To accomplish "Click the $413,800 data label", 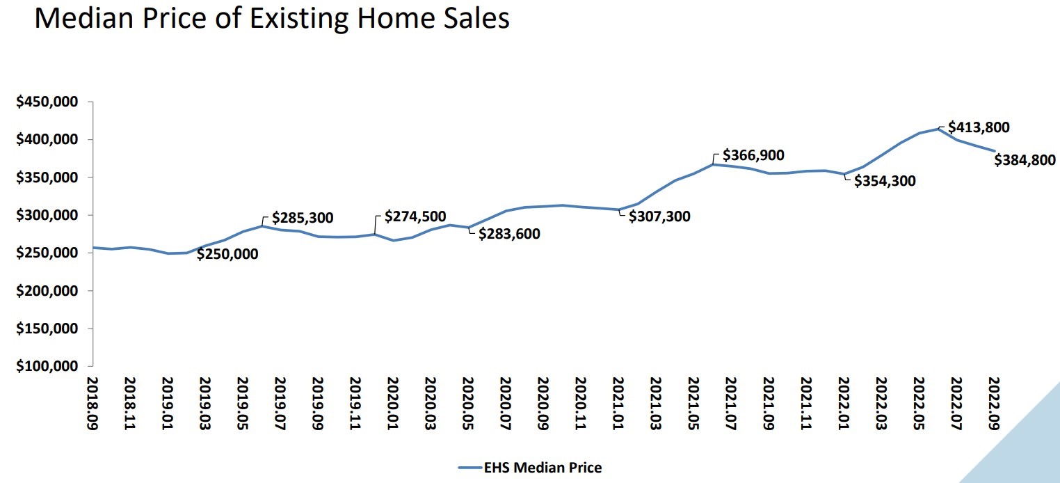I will [979, 127].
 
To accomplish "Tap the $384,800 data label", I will [1025, 160].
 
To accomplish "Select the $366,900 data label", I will [753, 155].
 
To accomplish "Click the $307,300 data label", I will [659, 216].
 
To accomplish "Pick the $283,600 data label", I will [509, 234].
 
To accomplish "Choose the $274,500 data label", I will [415, 217].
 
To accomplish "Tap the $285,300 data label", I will [303, 218].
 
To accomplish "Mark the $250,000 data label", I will [227, 254].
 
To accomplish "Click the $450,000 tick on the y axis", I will [47, 102].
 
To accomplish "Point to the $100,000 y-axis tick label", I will [47, 366].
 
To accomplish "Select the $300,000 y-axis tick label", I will [47, 215].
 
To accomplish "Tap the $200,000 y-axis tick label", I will [47, 291].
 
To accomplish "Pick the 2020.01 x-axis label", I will [393, 403].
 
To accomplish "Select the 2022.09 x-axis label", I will [995, 403].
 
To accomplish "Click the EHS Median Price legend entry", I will [543, 468].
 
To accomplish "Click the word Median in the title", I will [98, 19].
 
